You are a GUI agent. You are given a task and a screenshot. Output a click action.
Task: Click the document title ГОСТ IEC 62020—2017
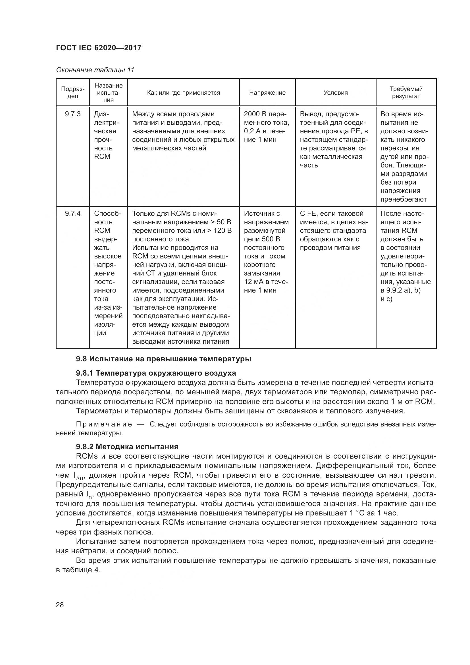(99, 48)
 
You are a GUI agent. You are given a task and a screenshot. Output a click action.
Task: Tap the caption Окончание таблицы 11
(95, 70)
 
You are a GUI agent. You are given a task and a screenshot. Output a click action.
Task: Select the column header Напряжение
(267, 93)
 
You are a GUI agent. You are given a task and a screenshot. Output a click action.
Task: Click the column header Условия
(335, 93)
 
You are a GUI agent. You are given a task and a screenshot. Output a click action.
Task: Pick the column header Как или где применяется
(184, 93)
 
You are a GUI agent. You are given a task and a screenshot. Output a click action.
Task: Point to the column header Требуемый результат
(406, 92)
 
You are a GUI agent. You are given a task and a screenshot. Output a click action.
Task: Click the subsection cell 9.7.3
(73, 114)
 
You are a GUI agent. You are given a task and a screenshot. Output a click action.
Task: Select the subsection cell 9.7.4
(73, 214)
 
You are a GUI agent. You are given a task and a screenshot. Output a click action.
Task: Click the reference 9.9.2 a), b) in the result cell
(401, 290)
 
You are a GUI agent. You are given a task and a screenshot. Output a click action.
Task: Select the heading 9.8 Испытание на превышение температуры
(163, 359)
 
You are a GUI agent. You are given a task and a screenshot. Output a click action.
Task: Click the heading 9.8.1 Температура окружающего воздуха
(156, 373)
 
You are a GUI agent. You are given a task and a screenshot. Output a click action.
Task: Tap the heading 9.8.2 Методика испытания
(127, 447)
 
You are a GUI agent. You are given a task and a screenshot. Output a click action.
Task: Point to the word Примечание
(104, 424)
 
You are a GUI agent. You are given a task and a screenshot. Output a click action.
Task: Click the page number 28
(60, 605)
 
